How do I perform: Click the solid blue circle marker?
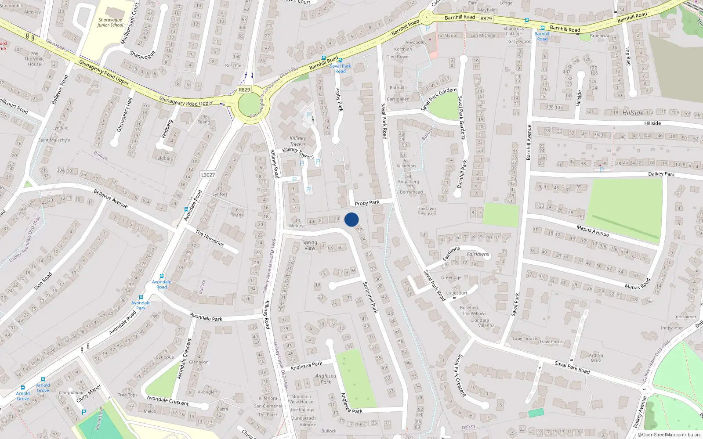click(x=351, y=219)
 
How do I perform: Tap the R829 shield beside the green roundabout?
click(x=244, y=90)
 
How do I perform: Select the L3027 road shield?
click(x=208, y=175)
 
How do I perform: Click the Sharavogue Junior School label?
click(x=110, y=22)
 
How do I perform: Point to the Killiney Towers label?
click(x=297, y=141)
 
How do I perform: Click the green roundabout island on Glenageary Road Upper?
click(x=249, y=105)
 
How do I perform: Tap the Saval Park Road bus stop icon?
click(x=341, y=60)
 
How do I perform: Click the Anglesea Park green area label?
click(x=326, y=379)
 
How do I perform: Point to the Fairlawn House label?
click(x=427, y=211)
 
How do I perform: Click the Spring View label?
click(x=310, y=245)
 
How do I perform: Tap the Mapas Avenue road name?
click(x=592, y=230)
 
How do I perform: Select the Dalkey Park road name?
click(x=661, y=174)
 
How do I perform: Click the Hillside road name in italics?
click(x=633, y=113)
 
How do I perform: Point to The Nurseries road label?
click(x=210, y=238)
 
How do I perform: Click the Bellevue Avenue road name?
click(x=111, y=198)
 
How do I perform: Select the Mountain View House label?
click(x=301, y=399)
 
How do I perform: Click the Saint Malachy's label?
click(x=54, y=140)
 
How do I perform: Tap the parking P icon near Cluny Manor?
click(x=84, y=412)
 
